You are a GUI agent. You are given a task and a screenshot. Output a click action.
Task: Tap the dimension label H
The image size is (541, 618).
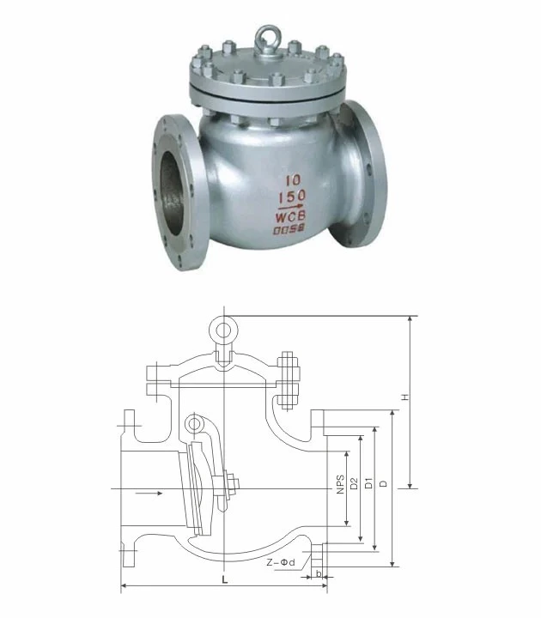404,397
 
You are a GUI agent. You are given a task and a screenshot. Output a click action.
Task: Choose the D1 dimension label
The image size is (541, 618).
368,483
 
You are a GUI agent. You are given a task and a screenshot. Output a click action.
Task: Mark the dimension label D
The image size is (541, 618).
383,483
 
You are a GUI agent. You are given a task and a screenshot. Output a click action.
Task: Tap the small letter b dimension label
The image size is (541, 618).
319,573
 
